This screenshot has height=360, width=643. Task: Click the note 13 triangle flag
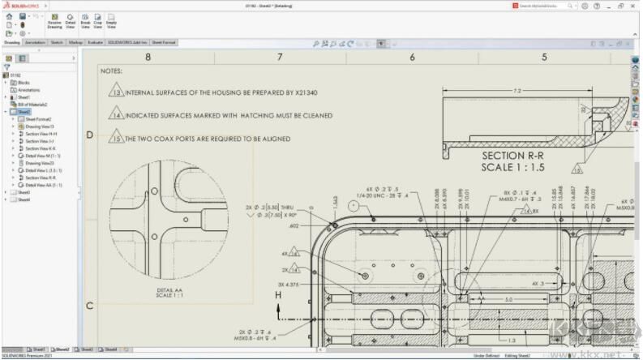tap(118, 92)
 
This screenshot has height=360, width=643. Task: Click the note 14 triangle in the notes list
tap(118, 115)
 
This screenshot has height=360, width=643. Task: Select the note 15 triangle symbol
tap(118, 139)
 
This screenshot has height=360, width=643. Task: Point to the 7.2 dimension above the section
tap(517, 91)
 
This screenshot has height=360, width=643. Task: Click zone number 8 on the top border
tap(148, 57)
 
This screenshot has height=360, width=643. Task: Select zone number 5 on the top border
tap(544, 57)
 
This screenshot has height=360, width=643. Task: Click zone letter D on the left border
tap(90, 135)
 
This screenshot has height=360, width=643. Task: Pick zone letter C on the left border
tap(90, 305)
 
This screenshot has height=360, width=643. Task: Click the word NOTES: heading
tap(112, 71)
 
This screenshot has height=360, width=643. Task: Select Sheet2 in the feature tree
tap(24, 112)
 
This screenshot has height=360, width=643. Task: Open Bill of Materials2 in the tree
tap(33, 105)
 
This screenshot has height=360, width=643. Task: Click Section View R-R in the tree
tap(40, 178)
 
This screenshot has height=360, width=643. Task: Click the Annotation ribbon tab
tap(35, 42)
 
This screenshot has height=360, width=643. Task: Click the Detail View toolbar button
tap(71, 23)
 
